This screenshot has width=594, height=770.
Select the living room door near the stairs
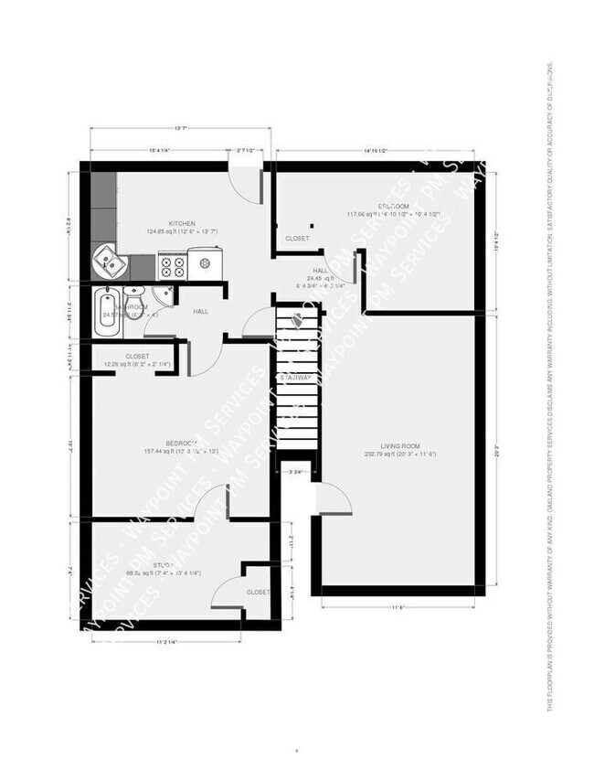pyautogui.click(x=332, y=498)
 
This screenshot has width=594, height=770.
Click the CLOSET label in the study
pyautogui.click(x=258, y=592)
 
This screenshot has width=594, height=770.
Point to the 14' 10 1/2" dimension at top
pyautogui.click(x=375, y=150)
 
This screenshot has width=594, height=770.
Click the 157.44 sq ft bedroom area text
pyautogui.click(x=180, y=451)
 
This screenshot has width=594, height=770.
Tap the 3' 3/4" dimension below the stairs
pyautogui.click(x=295, y=473)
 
